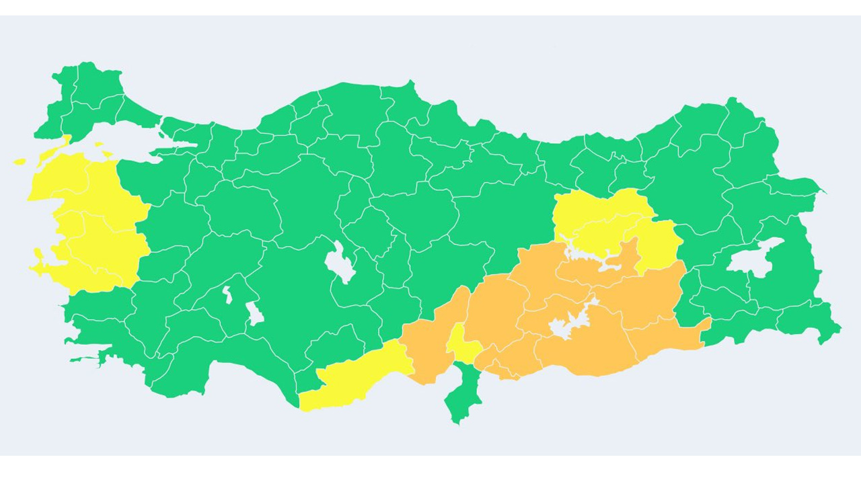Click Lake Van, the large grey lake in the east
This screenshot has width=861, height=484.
coord(755,255)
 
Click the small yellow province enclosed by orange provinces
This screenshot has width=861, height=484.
coord(462,343)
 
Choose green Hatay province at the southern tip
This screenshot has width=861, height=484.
coord(463,397)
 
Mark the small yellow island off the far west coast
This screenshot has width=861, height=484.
coord(20,161)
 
